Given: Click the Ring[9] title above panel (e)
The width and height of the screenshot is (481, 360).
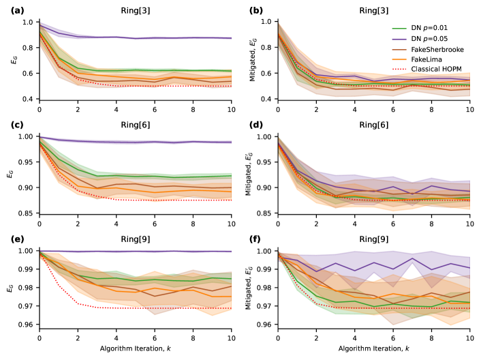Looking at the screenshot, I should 135,240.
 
